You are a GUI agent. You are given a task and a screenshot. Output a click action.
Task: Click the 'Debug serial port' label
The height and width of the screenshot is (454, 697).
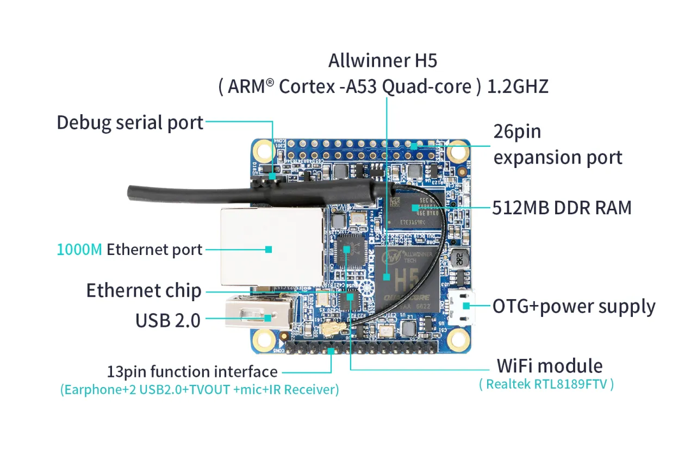click(130, 122)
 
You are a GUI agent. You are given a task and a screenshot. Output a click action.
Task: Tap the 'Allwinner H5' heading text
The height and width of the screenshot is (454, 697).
click(382, 60)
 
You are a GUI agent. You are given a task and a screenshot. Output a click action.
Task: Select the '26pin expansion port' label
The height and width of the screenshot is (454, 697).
click(557, 145)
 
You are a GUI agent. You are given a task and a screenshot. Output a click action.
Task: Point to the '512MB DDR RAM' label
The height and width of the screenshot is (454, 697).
click(562, 207)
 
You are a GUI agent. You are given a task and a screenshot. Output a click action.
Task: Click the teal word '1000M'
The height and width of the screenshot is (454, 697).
click(79, 250)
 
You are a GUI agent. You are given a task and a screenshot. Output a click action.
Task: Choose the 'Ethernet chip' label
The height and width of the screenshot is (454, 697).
click(144, 290)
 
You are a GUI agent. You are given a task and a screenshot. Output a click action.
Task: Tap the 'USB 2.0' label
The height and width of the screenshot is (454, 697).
click(167, 320)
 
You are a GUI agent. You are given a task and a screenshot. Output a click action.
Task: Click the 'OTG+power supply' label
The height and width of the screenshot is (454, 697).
click(574, 306)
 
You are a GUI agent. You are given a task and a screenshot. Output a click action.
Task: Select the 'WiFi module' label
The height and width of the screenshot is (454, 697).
click(549, 365)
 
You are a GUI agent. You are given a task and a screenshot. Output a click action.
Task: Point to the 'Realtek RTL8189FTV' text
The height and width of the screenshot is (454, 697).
click(546, 384)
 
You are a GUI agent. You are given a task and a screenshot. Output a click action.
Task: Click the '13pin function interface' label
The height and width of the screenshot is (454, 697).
click(192, 372)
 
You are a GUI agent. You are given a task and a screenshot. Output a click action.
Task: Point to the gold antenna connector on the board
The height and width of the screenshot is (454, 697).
click(330, 328)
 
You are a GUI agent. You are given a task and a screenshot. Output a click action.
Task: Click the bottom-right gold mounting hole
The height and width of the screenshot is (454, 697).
click(458, 339)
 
